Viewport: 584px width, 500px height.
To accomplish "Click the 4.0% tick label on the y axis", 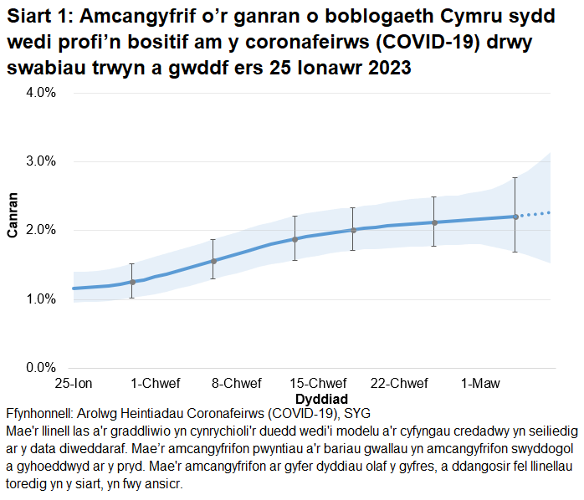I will [39, 93].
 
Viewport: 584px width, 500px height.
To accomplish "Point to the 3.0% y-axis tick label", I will [39, 161].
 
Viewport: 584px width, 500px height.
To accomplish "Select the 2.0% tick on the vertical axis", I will [39, 230].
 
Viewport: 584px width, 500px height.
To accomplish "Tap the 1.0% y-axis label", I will [39, 298].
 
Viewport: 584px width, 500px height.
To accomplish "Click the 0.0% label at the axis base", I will [39, 367].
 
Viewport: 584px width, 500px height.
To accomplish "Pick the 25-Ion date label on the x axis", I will [74, 384].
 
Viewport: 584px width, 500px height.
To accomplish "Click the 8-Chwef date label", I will [236, 384].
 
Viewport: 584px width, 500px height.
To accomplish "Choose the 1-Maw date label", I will [481, 384].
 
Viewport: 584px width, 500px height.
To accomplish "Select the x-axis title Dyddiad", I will [321, 399].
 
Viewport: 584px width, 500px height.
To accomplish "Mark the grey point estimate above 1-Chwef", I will [132, 282].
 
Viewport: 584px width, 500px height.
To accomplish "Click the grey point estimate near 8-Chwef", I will [213, 261].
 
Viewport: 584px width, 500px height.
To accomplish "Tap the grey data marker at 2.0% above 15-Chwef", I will [353, 230].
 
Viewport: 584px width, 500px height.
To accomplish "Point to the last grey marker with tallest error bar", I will [515, 217].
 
